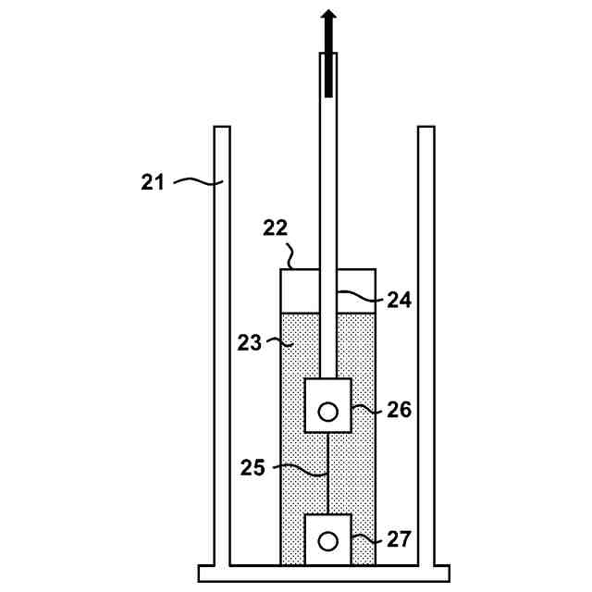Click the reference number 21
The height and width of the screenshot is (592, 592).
click(153, 181)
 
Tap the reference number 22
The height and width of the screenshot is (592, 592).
click(276, 228)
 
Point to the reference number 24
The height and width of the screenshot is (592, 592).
click(400, 300)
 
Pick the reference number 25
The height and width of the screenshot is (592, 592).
click(254, 467)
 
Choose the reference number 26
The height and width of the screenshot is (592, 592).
click(400, 409)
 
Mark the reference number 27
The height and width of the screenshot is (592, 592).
click(400, 538)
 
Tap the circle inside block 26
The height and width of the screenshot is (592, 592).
click(327, 412)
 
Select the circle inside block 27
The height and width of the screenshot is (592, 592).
click(327, 541)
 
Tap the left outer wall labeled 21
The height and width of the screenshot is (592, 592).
click(221, 370)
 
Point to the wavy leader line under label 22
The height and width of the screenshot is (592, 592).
click(290, 255)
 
